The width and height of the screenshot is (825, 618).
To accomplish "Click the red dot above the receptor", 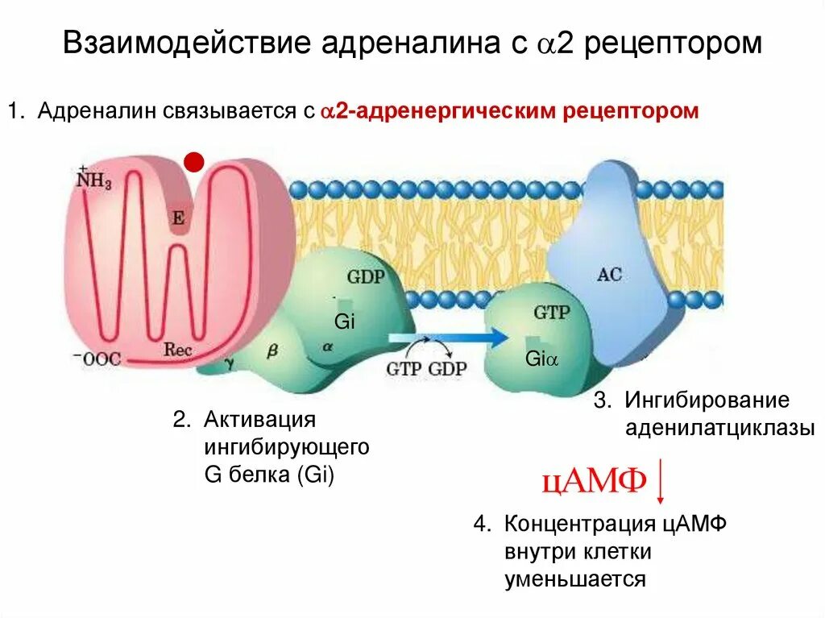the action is (193, 162).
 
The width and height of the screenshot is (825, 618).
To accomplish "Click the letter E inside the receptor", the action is (178, 218).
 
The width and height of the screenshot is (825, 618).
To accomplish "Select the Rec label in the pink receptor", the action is (177, 349).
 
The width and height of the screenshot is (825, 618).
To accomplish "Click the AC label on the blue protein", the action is (609, 274).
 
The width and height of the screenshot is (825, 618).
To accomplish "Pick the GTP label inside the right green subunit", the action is (551, 313).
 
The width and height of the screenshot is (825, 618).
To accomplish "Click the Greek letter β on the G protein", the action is (271, 352).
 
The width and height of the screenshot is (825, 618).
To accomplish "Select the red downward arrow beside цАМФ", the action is (661, 481).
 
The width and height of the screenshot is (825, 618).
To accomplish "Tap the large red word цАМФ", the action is (595, 481).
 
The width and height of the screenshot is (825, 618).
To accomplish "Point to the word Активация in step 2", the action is (258, 420).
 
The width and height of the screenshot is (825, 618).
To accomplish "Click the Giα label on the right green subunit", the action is (541, 359).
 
